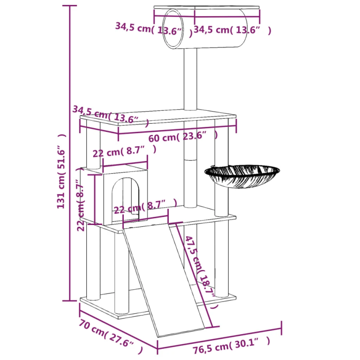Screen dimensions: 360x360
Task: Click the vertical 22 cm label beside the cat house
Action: coord(80,205)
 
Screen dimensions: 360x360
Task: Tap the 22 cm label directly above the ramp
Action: coord(145,207)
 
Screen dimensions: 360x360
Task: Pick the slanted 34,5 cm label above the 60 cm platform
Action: coord(111,115)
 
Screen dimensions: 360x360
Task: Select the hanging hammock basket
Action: coord(242,176)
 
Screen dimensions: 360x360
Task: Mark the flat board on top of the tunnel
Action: coord(207,7)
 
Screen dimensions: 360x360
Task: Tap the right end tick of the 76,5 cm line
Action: coord(282,328)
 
